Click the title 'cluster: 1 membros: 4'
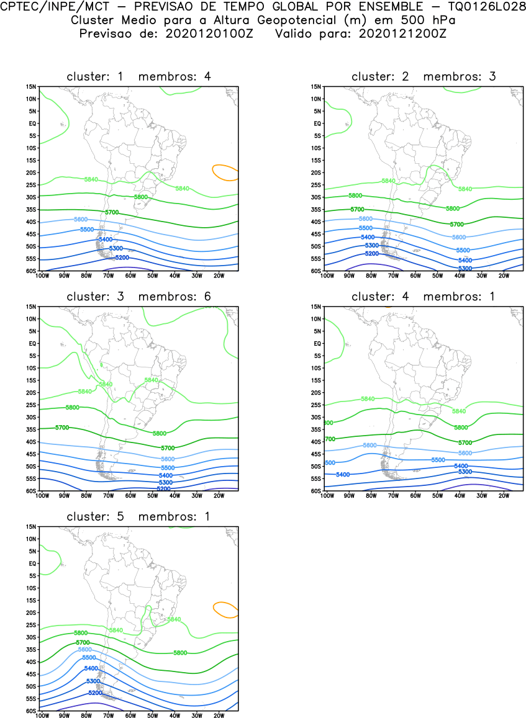pyautogui.click(x=138, y=76)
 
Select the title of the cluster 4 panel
pyautogui.click(x=424, y=297)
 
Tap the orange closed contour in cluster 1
pyautogui.click(x=225, y=172)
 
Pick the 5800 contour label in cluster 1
pyautogui.click(x=141, y=197)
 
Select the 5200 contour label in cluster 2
pyautogui.click(x=372, y=253)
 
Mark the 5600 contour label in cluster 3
pyautogui.click(x=168, y=459)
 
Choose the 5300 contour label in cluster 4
pyautogui.click(x=465, y=472)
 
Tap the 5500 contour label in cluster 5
pyautogui.click(x=89, y=657)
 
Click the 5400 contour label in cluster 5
pyautogui.click(x=91, y=668)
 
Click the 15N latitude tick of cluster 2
pyautogui.click(x=316, y=86)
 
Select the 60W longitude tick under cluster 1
pyautogui.click(x=130, y=275)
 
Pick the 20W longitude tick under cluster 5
pyautogui.click(x=219, y=715)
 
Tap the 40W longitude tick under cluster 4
pyautogui.click(x=460, y=495)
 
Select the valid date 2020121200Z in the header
pyautogui.click(x=402, y=32)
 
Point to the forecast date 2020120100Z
pyautogui.click(x=209, y=32)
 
